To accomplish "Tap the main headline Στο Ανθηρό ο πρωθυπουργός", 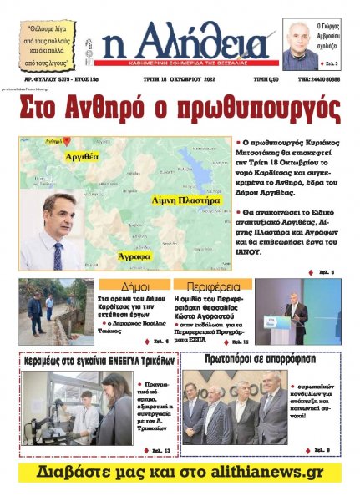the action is click(180, 109).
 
